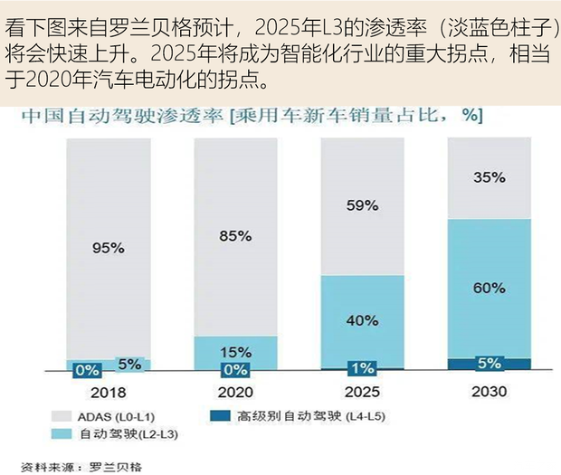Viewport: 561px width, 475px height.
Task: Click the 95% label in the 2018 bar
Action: [x=108, y=247]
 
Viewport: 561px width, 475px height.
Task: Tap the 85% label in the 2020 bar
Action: [x=234, y=236]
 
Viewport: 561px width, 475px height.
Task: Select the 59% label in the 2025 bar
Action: [x=362, y=205]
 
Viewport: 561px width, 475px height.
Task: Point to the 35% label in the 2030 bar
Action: [x=489, y=177]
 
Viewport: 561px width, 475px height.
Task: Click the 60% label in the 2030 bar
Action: [x=489, y=288]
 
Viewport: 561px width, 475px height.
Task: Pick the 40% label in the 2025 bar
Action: [x=362, y=319]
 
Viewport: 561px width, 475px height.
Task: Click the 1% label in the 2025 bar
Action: [x=362, y=368]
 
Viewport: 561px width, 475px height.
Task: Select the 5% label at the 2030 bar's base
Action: [x=489, y=364]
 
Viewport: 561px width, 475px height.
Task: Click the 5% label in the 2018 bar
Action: [x=129, y=365]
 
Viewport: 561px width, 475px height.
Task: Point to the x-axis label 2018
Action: [x=108, y=393]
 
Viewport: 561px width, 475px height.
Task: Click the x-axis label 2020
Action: [x=234, y=393]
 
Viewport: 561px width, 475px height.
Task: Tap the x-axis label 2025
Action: [x=362, y=393]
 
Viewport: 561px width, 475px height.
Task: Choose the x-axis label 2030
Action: [x=489, y=393]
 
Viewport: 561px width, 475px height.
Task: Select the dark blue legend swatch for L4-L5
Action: [x=217, y=416]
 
